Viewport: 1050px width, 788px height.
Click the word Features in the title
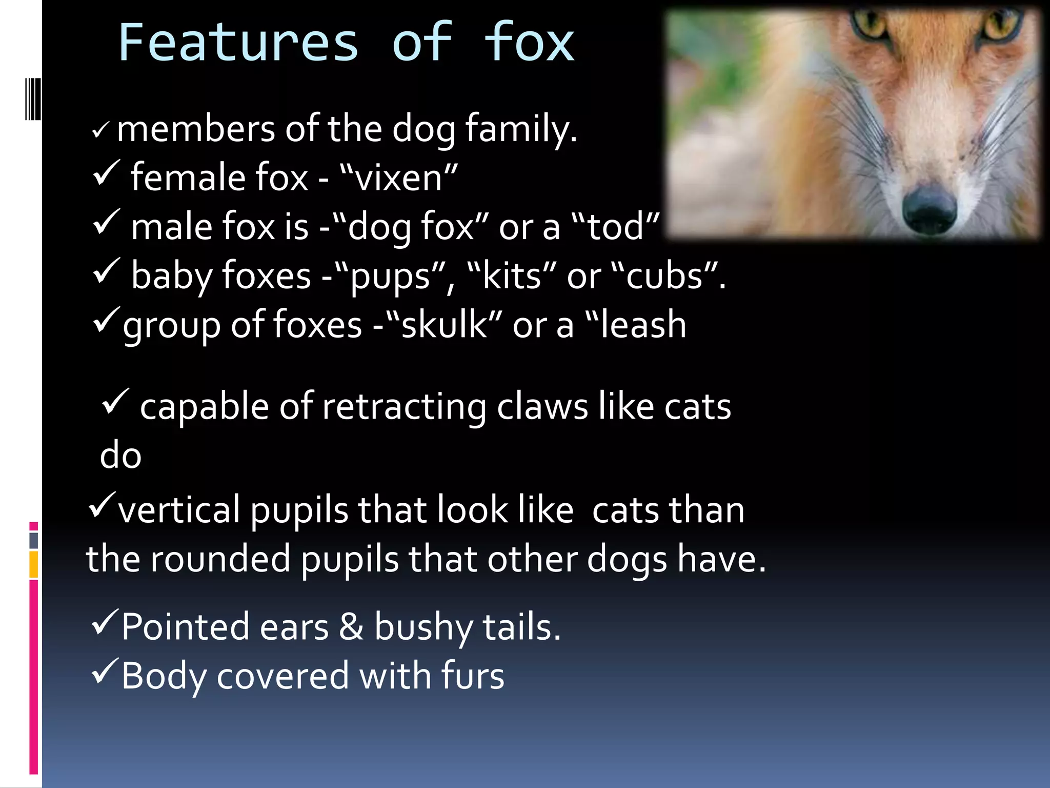coord(238,43)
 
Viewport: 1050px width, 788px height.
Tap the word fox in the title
coord(529,43)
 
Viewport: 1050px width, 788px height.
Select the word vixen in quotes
coord(398,178)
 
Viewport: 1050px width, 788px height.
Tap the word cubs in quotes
coord(664,276)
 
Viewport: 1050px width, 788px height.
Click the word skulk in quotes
coord(444,325)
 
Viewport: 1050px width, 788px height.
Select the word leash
coord(643,325)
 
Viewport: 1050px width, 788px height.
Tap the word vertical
coord(179,510)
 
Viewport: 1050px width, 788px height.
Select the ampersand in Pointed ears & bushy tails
coord(351,627)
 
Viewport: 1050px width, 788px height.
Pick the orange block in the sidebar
coord(33,564)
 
